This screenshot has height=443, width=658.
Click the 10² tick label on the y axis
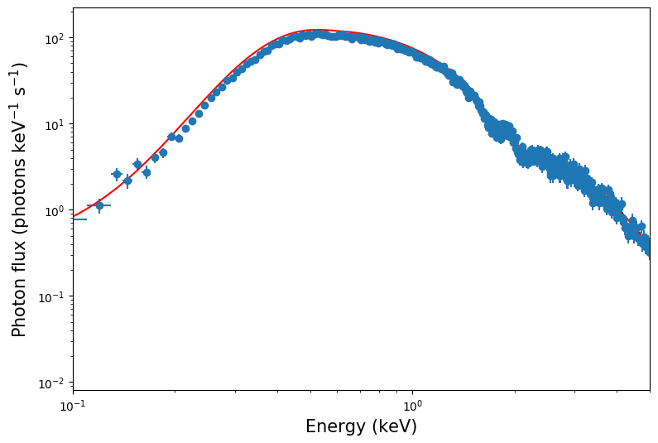55,39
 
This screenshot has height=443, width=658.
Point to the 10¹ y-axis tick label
55,125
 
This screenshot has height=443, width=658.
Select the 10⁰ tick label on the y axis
55,211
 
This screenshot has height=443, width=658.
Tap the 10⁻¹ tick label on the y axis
54,297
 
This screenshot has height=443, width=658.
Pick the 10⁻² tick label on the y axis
54,383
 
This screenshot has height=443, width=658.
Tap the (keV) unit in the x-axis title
394,427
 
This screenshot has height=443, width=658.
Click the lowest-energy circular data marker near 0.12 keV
99,205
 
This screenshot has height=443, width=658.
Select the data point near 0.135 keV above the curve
117,174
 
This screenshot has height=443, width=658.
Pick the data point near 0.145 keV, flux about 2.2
127,181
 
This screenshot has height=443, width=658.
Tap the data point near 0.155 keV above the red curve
137,164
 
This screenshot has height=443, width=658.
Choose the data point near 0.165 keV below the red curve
146,172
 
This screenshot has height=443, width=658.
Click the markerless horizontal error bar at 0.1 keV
79,219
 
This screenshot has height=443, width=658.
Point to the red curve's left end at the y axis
74,216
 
